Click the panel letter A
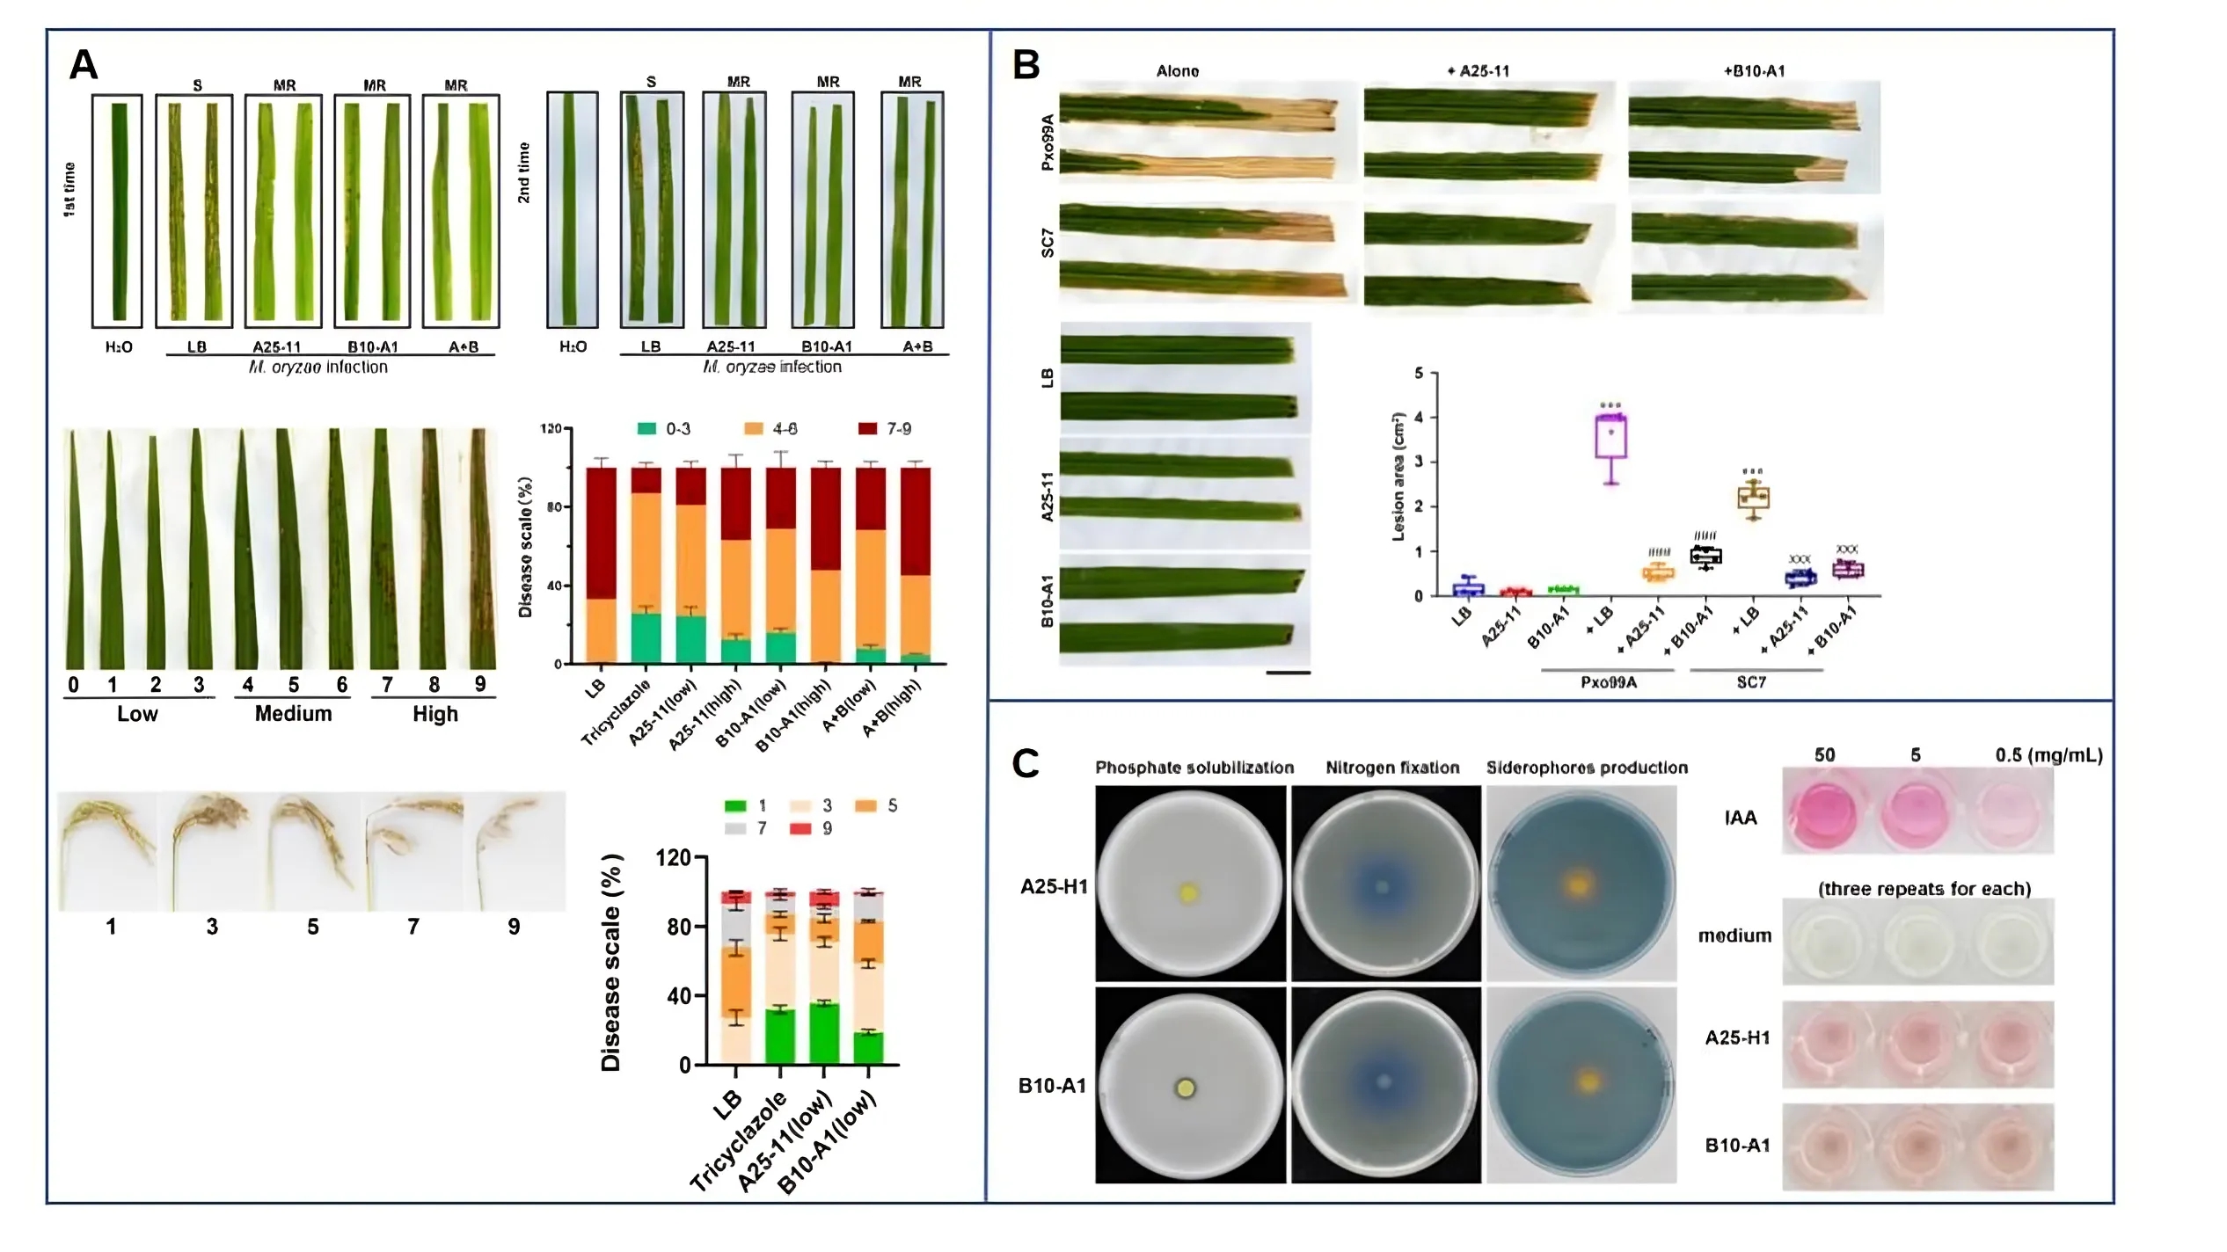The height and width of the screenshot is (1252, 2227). pos(84,64)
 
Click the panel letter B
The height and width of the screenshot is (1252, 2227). pos(1026,64)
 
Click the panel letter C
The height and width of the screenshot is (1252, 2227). pos(1026,763)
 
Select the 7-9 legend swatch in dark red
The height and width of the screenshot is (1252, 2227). pos(867,429)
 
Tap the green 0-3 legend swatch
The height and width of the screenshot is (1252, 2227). pos(646,429)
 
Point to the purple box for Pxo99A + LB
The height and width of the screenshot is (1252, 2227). pos(1610,437)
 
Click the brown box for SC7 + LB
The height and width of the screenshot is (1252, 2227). pos(1753,498)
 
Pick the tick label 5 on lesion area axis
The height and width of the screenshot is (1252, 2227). pos(1418,373)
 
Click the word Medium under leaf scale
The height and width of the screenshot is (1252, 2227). pos(293,713)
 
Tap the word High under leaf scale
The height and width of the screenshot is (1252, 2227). pos(435,713)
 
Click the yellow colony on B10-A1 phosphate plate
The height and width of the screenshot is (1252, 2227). pos(1186,1088)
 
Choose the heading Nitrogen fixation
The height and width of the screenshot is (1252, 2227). pos(1391,768)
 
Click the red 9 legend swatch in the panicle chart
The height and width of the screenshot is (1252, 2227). pos(800,828)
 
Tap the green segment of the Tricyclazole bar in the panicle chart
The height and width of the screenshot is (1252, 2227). pos(779,1036)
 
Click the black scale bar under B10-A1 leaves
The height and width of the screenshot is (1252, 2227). pos(1288,673)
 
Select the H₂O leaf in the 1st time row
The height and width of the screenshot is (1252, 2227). pos(118,211)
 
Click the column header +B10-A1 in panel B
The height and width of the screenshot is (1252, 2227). pos(1754,71)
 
